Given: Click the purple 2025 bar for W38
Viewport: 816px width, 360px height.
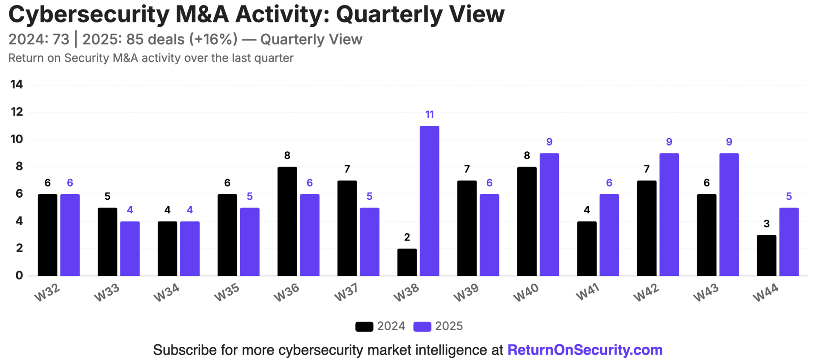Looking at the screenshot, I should click(429, 201).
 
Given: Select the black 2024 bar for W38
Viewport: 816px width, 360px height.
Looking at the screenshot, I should click(407, 262).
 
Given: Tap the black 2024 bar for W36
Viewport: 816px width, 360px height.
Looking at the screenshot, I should click(287, 221).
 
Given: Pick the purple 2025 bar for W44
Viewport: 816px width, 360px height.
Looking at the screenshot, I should click(789, 242).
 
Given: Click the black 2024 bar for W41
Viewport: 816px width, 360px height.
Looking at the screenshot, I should click(586, 249).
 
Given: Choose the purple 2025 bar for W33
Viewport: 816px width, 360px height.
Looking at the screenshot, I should click(130, 249).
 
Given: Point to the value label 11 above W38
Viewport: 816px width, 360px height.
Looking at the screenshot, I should click(429, 115).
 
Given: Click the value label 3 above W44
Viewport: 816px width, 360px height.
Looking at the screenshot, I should click(766, 224).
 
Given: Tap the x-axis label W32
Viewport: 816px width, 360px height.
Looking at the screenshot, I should click(47, 293).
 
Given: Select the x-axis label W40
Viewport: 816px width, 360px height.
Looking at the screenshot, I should click(526, 293).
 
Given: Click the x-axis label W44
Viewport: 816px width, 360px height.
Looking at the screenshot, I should click(766, 293).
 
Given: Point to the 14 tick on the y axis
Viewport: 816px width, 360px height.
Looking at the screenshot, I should click(17, 85).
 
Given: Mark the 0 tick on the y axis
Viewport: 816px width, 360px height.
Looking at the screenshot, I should click(19, 275).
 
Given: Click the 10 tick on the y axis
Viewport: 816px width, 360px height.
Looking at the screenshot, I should click(17, 139).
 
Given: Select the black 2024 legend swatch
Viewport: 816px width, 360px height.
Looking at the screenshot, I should click(364, 326).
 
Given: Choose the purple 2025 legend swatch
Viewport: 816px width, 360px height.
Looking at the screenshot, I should click(422, 326).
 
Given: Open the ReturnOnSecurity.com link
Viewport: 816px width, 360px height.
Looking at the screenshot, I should click(585, 350).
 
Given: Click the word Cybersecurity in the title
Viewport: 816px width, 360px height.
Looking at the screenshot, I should click(89, 14).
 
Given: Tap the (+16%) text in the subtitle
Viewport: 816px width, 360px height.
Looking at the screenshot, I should click(213, 40).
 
